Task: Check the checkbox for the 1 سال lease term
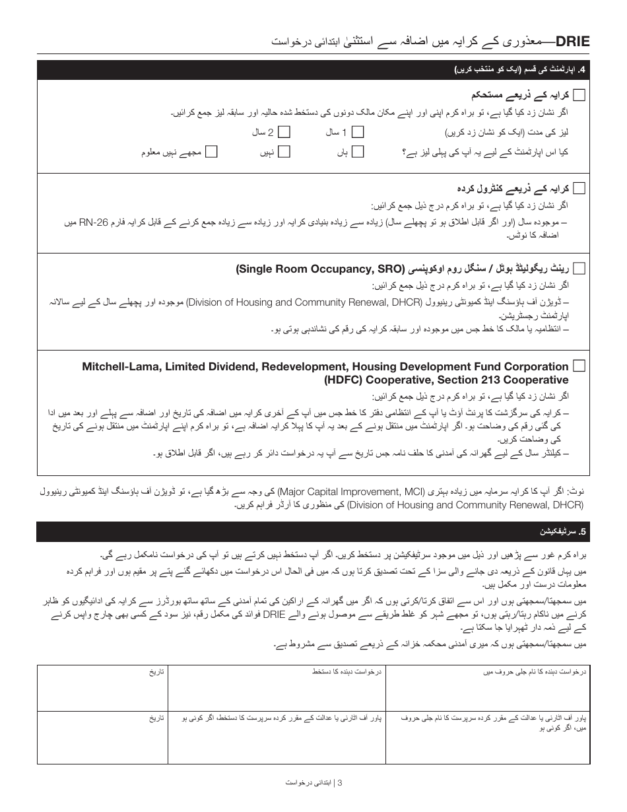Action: coord(358,132)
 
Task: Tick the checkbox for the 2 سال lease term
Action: coord(284,132)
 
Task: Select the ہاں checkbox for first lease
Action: coord(358,152)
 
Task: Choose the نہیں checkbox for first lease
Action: coord(284,152)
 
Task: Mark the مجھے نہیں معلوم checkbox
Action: coord(211,152)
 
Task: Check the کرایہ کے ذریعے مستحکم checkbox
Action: coord(579,95)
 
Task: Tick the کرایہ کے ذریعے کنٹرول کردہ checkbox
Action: coord(579,188)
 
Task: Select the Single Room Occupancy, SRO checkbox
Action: coord(579,268)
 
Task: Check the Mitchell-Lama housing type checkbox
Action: coord(579,366)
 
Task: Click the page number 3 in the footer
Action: coord(340,783)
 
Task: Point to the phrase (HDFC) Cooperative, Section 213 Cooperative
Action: coord(446,380)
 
